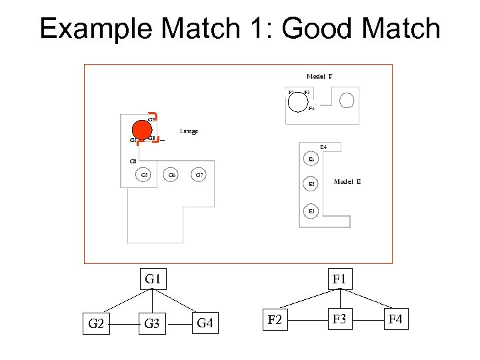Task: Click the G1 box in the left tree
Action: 153,279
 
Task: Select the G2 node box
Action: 95,324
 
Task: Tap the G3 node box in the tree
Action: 153,324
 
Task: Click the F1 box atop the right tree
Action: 339,279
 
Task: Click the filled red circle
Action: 141,130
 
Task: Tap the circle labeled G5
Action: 144,175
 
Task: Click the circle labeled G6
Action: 171,175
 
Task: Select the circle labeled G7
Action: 199,175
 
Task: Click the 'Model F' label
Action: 319,77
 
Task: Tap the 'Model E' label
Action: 347,181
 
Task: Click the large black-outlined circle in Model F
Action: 297,102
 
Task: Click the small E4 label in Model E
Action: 323,147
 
